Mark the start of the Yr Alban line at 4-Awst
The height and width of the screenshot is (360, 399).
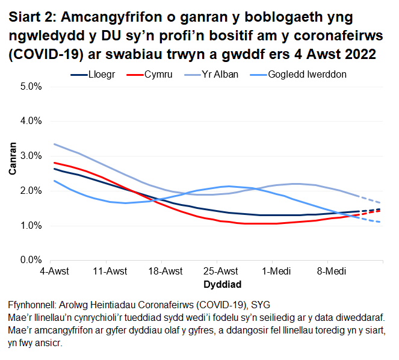(54, 144)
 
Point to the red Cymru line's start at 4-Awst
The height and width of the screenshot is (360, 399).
(54, 163)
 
